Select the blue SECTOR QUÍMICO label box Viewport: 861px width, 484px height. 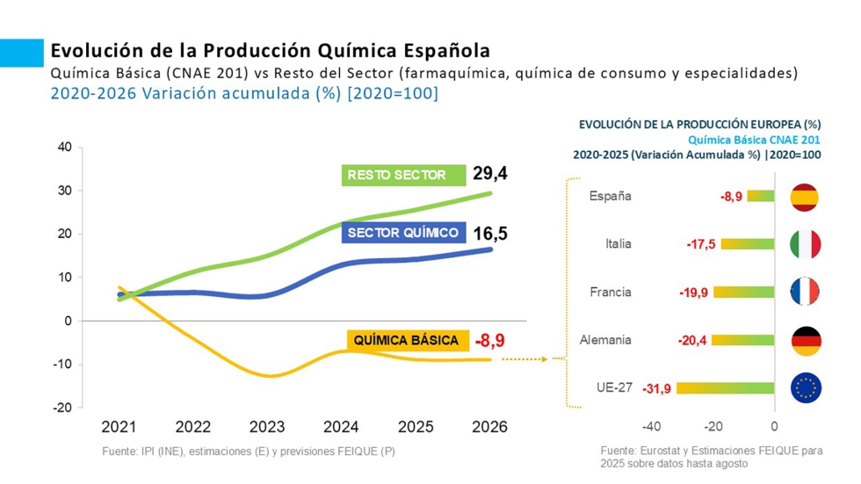point(403,233)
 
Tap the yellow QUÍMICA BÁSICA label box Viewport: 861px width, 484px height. point(407,340)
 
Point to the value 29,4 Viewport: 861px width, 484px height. point(490,174)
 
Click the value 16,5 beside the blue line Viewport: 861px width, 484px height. point(490,234)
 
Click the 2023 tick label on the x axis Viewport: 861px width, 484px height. point(267,428)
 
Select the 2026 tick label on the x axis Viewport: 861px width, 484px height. point(490,428)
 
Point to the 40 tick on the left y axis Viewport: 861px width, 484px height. point(64,148)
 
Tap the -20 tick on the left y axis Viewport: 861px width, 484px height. point(61,408)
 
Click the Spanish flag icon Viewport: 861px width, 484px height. point(806,197)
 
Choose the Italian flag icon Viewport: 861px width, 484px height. point(806,244)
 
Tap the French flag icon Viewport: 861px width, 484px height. point(806,292)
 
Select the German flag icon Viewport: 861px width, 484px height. point(806,340)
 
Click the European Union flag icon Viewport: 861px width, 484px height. point(806,387)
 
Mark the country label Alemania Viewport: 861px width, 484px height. point(606,340)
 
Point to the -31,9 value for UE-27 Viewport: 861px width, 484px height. point(657,388)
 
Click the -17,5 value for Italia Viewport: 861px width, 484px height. point(701,244)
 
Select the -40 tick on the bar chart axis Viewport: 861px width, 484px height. point(651,427)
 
